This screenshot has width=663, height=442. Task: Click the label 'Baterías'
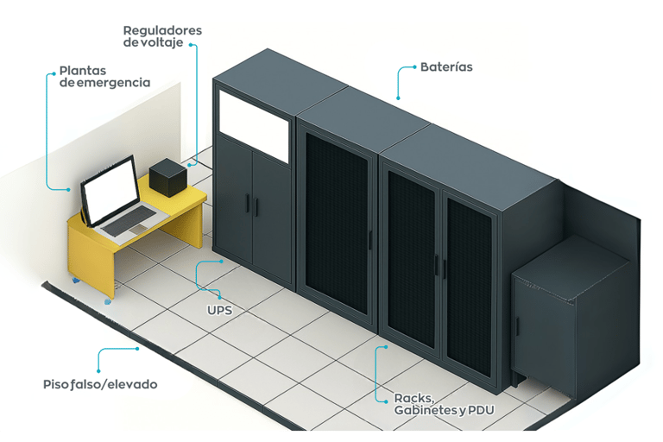click(x=446, y=66)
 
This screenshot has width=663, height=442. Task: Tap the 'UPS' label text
click(x=219, y=307)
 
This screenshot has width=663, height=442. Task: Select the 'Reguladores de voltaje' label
click(x=162, y=36)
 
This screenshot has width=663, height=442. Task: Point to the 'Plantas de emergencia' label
click(x=104, y=76)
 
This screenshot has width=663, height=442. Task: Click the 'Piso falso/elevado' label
click(x=100, y=383)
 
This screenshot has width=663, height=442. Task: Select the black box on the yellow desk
click(x=167, y=178)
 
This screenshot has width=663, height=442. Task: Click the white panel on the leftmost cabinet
click(x=253, y=123)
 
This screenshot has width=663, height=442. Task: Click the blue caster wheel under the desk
click(x=107, y=301)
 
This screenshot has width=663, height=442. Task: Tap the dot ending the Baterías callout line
click(x=399, y=98)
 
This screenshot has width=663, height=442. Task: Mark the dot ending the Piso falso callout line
click(x=138, y=349)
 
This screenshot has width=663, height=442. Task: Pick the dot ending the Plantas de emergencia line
click(x=69, y=189)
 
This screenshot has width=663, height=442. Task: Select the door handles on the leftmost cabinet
click(x=251, y=205)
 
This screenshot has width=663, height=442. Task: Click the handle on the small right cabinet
click(x=518, y=327)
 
